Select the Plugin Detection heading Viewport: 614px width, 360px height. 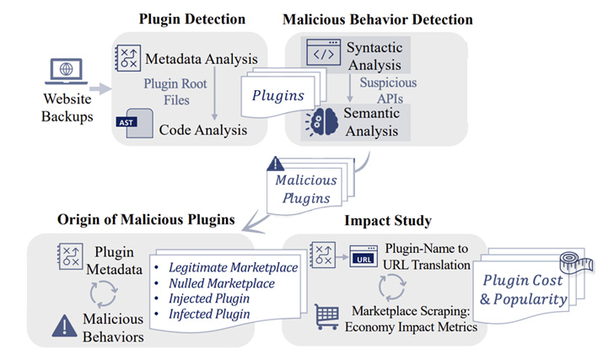pyautogui.click(x=191, y=19)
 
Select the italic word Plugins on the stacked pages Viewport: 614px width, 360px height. pyautogui.click(x=278, y=95)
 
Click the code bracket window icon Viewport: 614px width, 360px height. pyautogui.click(x=325, y=54)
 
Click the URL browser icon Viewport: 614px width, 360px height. pyautogui.click(x=362, y=255)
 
